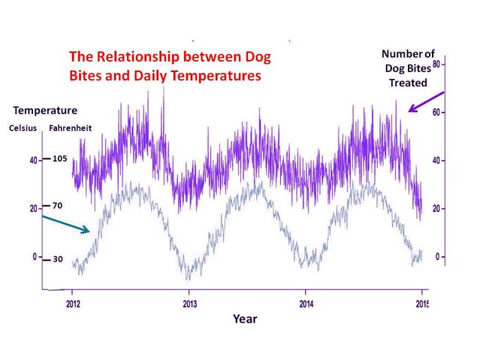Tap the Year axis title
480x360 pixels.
245,319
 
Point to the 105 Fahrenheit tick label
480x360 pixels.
61,159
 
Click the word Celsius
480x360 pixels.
23,128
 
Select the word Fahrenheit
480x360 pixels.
70,128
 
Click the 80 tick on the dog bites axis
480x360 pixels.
436,65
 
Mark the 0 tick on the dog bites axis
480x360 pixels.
438,257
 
